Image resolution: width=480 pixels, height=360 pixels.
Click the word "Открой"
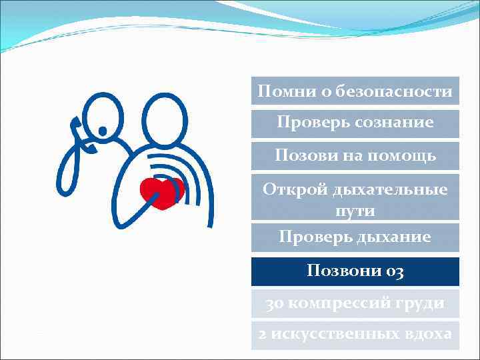(291, 189)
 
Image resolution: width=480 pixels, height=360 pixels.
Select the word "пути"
(355, 211)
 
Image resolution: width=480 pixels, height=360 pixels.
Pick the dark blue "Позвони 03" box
(355, 271)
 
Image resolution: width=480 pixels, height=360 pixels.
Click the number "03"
(393, 271)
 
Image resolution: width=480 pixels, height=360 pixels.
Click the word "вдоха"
(428, 334)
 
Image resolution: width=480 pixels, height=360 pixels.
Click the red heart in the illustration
(162, 193)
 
